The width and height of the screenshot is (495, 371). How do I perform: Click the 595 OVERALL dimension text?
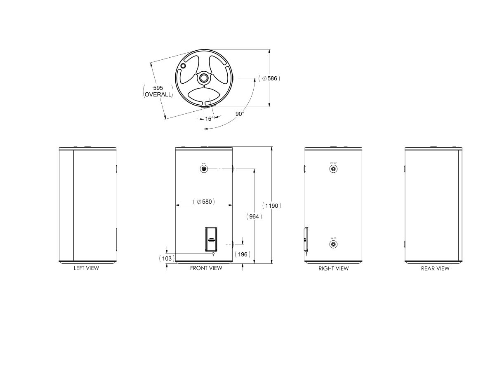[x=158, y=91]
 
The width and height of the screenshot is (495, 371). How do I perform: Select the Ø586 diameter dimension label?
[x=269, y=78]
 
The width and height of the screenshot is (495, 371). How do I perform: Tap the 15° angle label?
[x=209, y=119]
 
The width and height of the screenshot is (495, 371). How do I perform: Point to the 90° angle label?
[x=240, y=114]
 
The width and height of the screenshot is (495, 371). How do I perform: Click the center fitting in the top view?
[x=204, y=78]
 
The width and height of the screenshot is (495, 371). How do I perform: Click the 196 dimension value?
[x=243, y=254]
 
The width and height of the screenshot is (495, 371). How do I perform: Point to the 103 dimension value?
[x=167, y=258]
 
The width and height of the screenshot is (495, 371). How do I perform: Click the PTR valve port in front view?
[x=204, y=169]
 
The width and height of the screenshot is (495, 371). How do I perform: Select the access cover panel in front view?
[x=211, y=239]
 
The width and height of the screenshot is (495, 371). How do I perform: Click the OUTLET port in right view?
[x=333, y=169]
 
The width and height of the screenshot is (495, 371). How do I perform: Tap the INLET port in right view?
[x=333, y=244]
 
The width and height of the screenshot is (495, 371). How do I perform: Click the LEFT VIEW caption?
[x=86, y=268]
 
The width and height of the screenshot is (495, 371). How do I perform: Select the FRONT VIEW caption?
[x=206, y=268]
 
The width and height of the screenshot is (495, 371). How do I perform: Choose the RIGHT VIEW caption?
[x=333, y=268]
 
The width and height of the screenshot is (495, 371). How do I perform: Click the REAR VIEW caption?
[x=435, y=268]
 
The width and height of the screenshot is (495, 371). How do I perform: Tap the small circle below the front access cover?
[x=213, y=254]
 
